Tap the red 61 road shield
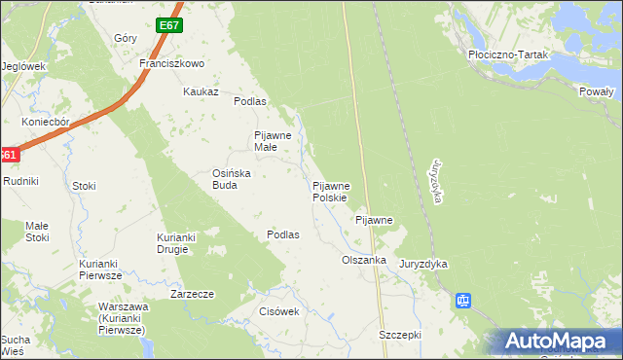pyautogui.click(x=8, y=156)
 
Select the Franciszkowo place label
pyautogui.click(x=170, y=63)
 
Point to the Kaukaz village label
pyautogui.click(x=201, y=91)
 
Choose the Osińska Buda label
pyautogui.click(x=233, y=179)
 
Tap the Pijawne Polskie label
pyautogui.click(x=338, y=191)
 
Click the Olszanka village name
pyautogui.click(x=364, y=261)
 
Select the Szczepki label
pyautogui.click(x=399, y=334)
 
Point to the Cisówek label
pyautogui.click(x=277, y=311)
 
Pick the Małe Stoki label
pyautogui.click(x=37, y=231)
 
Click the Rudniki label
pyautogui.click(x=19, y=181)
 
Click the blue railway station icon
pyautogui.click(x=463, y=302)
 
